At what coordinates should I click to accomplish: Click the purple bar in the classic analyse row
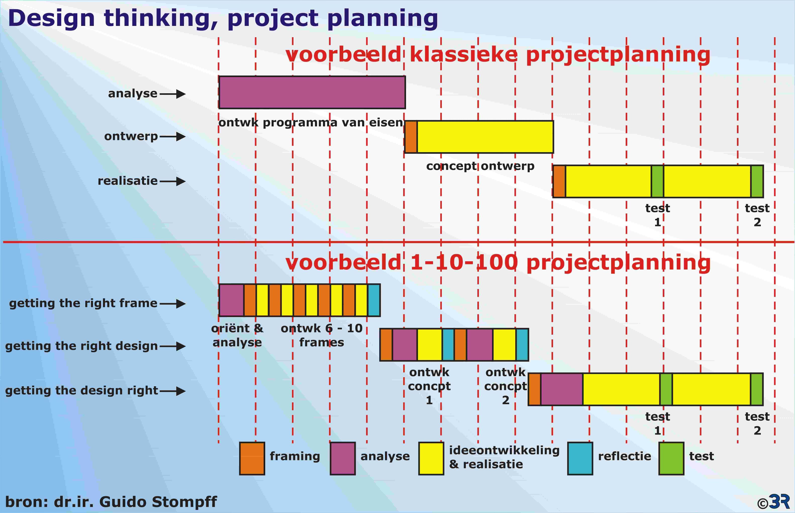(x=312, y=92)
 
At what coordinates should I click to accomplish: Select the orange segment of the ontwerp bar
(x=411, y=137)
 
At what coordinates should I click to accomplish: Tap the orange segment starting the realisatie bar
(x=559, y=181)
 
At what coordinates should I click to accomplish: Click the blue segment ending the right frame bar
(x=374, y=300)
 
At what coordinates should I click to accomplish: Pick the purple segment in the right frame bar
(x=231, y=300)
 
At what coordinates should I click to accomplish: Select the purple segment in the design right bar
(x=562, y=389)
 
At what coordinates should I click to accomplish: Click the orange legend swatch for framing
(x=252, y=458)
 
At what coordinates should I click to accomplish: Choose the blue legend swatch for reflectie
(x=580, y=458)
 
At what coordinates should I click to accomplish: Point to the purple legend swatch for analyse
(x=343, y=458)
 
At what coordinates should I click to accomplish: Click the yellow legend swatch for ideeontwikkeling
(x=431, y=458)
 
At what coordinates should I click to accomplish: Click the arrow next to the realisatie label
(x=172, y=182)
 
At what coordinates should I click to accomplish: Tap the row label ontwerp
(x=131, y=137)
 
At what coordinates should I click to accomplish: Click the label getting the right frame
(x=83, y=303)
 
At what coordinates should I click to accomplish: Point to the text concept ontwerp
(x=480, y=166)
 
